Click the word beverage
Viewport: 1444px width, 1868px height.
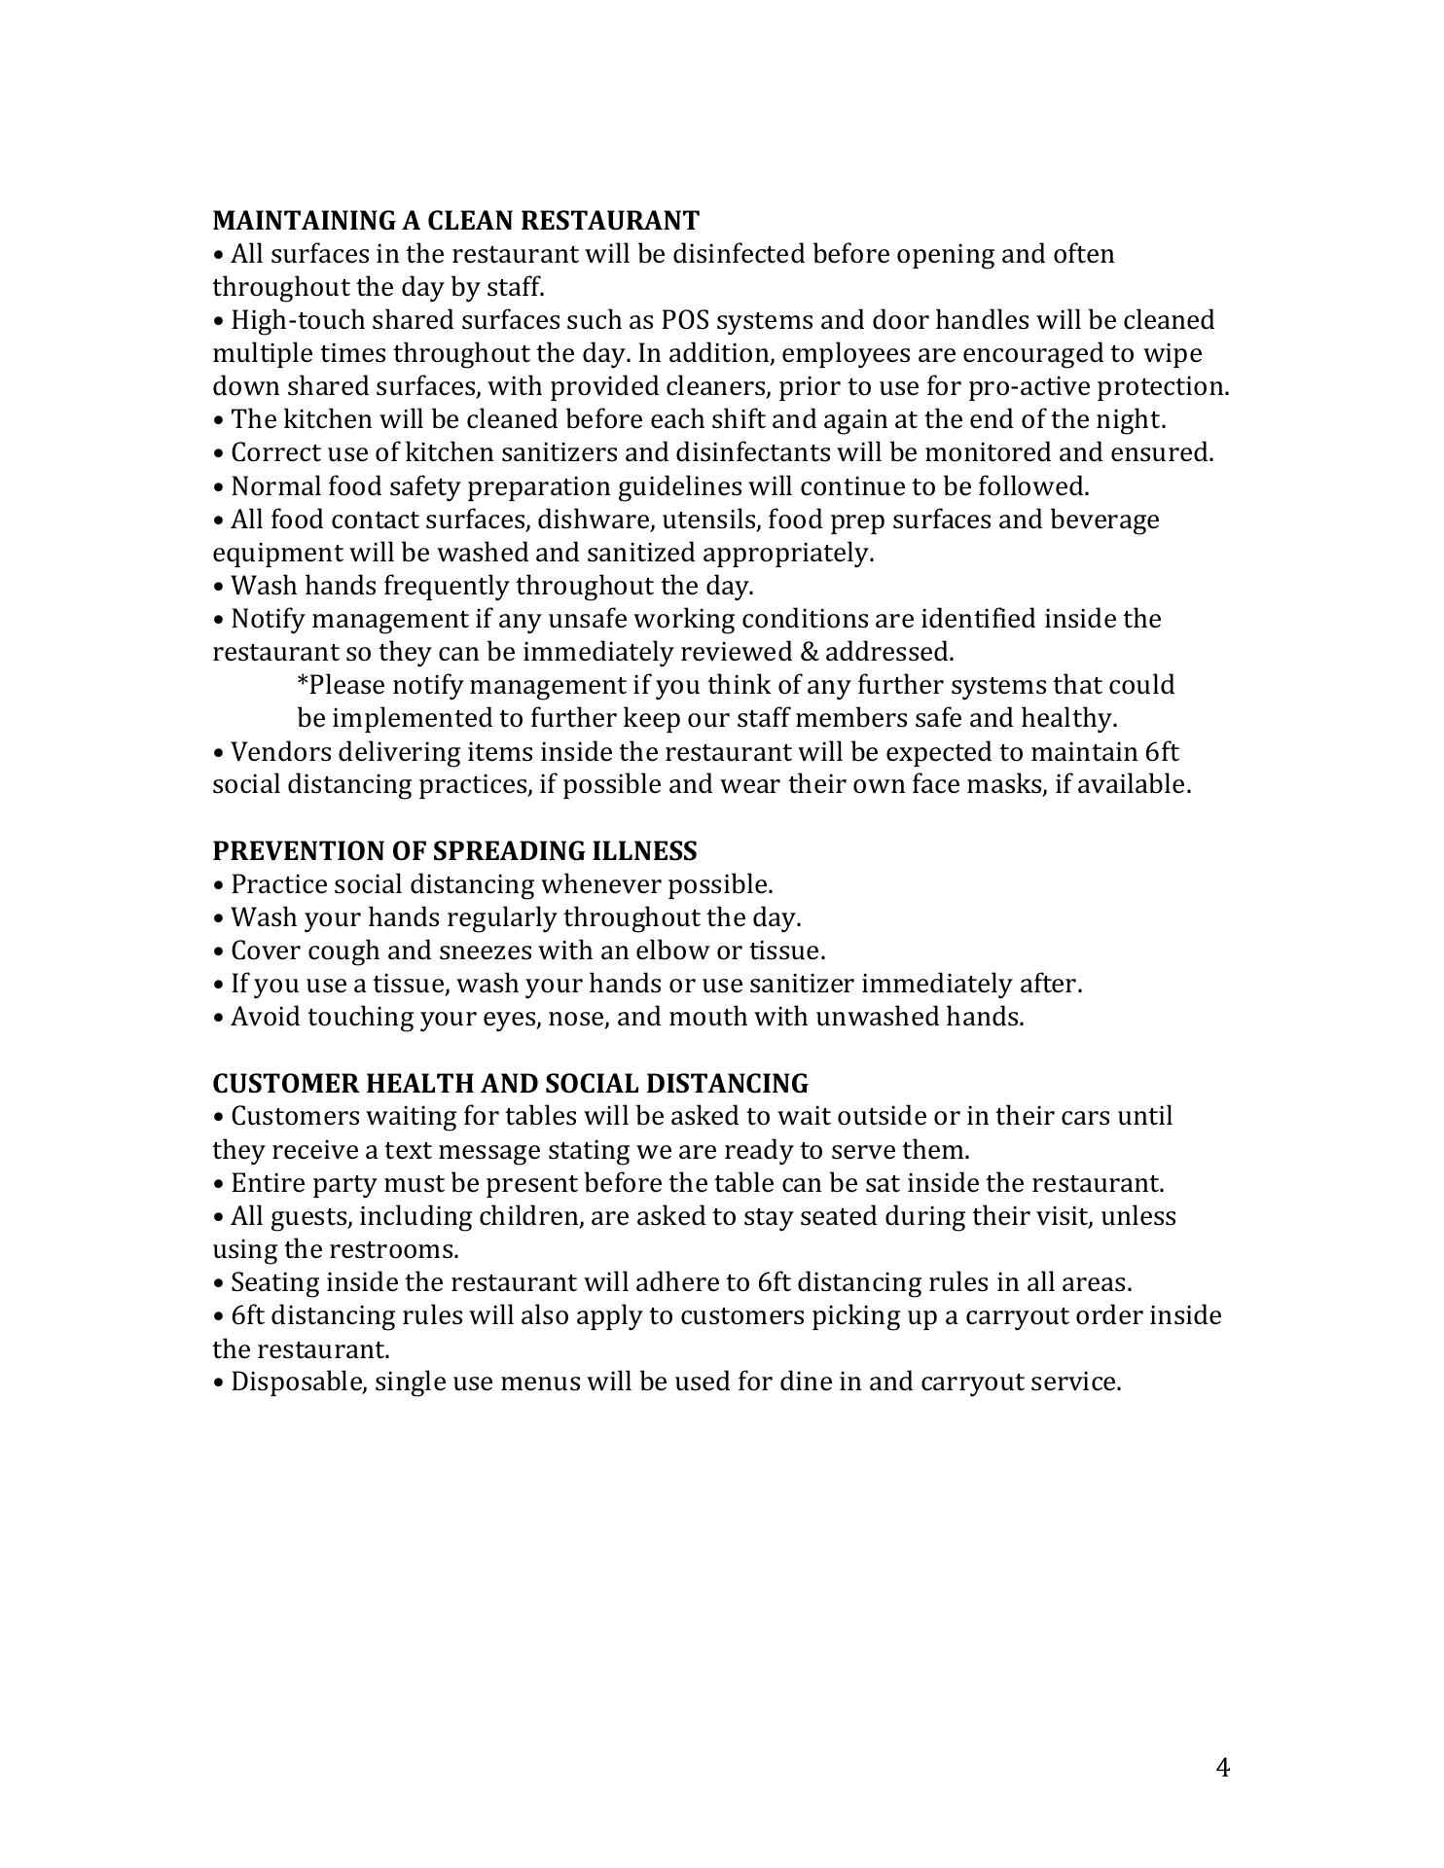coord(1103,520)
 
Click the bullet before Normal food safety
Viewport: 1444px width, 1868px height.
coord(218,486)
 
